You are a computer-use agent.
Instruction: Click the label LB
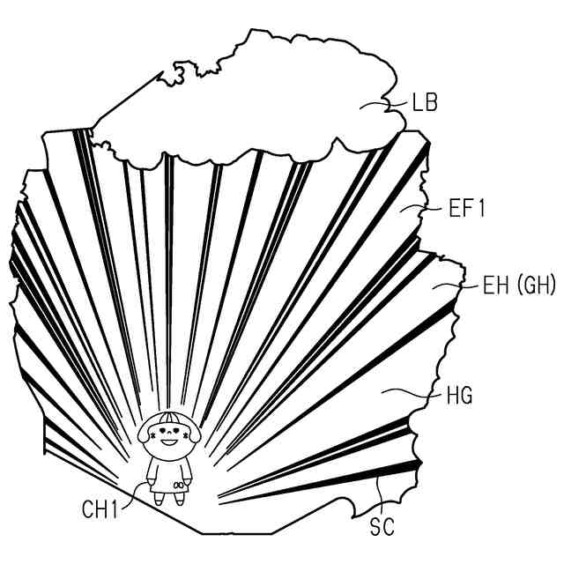(x=424, y=103)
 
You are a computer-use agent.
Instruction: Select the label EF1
(x=468, y=209)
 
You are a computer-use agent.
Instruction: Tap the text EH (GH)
(x=519, y=285)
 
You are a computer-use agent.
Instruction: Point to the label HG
(x=460, y=396)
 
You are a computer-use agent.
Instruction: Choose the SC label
(x=382, y=527)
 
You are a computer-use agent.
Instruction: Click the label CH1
(x=101, y=508)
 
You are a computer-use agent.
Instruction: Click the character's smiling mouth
(x=169, y=441)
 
